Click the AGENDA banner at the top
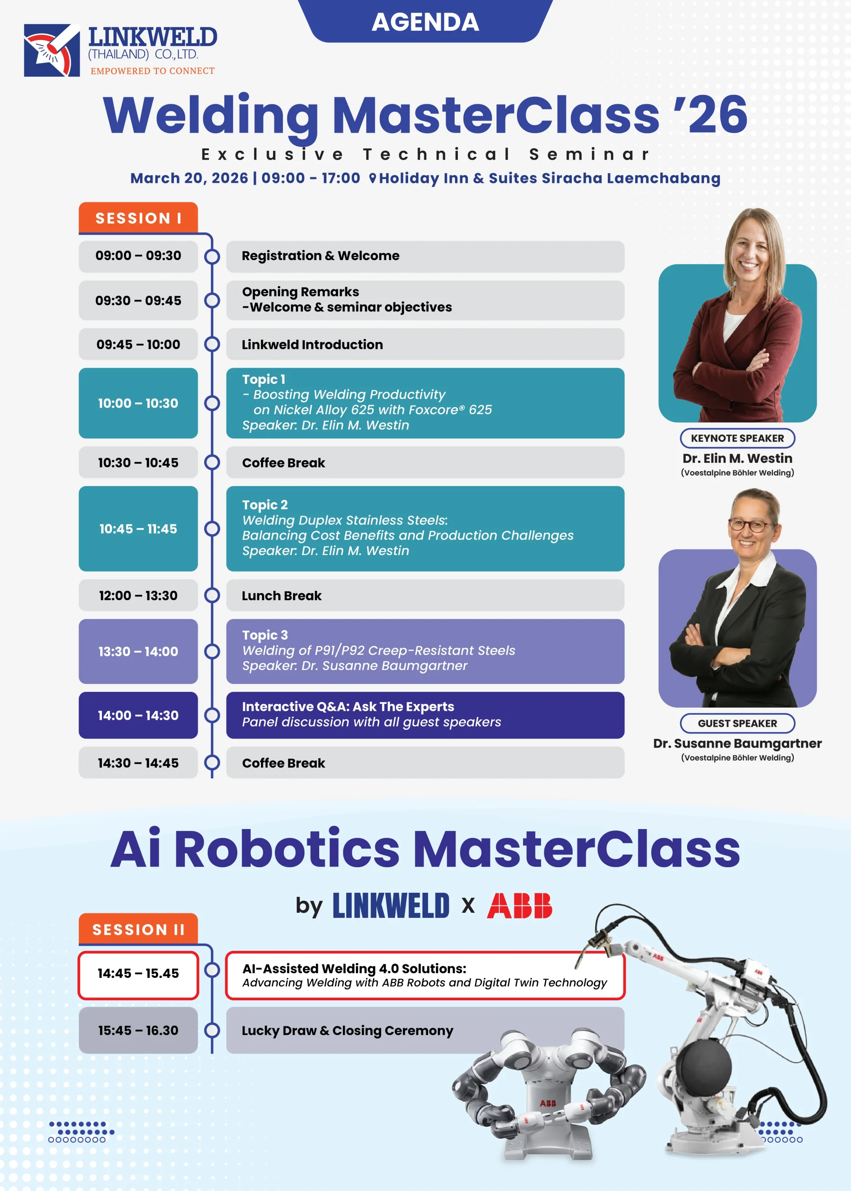(425, 21)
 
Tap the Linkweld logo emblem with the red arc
(52, 50)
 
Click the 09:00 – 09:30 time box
(138, 256)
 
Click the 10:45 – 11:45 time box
(138, 529)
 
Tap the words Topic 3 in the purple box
(265, 635)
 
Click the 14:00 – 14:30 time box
(138, 715)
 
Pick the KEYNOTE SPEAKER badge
(737, 438)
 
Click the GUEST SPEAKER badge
(737, 723)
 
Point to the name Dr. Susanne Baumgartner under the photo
(737, 743)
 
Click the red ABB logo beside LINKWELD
(519, 905)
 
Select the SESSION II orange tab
(138, 929)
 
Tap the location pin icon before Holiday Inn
(373, 178)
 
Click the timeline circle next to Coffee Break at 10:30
(212, 462)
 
